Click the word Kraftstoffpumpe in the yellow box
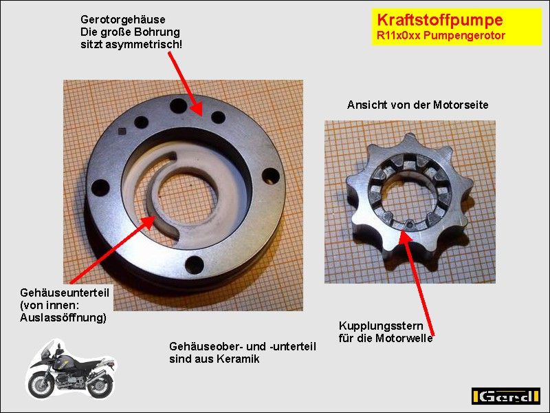tap(439, 20)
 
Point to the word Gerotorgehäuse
tap(123, 20)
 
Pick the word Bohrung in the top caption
tap(161, 32)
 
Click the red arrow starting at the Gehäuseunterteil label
tap(113, 250)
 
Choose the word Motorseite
tap(461, 105)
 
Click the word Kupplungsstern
tap(381, 326)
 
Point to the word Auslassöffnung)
tap(63, 318)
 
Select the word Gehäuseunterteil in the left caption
tap(65, 293)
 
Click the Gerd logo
tap(505, 396)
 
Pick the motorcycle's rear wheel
tap(100, 385)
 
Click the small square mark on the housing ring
tap(122, 131)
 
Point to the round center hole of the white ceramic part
tap(187, 200)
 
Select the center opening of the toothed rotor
tap(408, 199)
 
